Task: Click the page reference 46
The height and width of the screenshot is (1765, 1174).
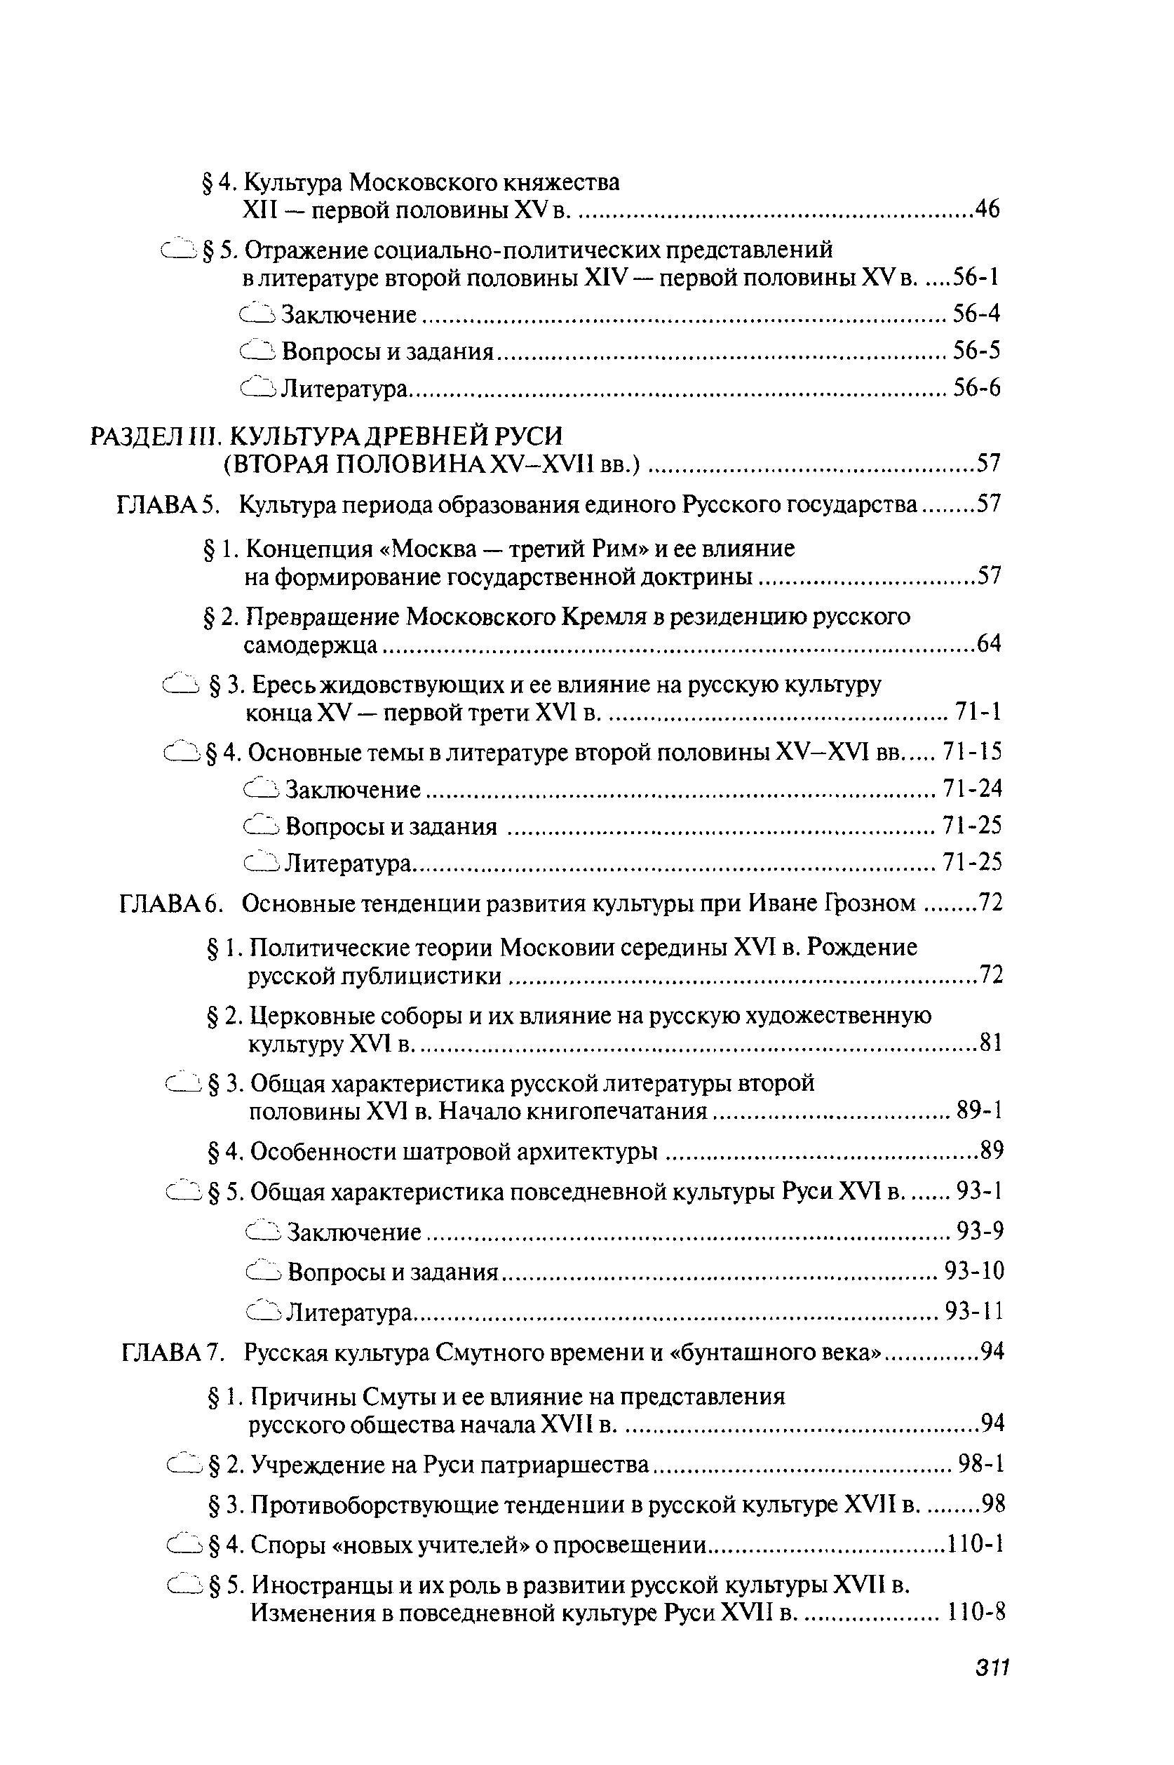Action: click(986, 210)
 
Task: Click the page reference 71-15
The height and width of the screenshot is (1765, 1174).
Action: click(972, 751)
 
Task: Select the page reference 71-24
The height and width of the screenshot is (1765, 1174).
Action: click(972, 788)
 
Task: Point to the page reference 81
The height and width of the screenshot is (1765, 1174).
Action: click(990, 1042)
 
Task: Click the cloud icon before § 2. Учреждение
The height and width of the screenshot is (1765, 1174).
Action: click(185, 1463)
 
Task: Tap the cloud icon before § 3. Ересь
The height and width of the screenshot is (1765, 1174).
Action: click(181, 685)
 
